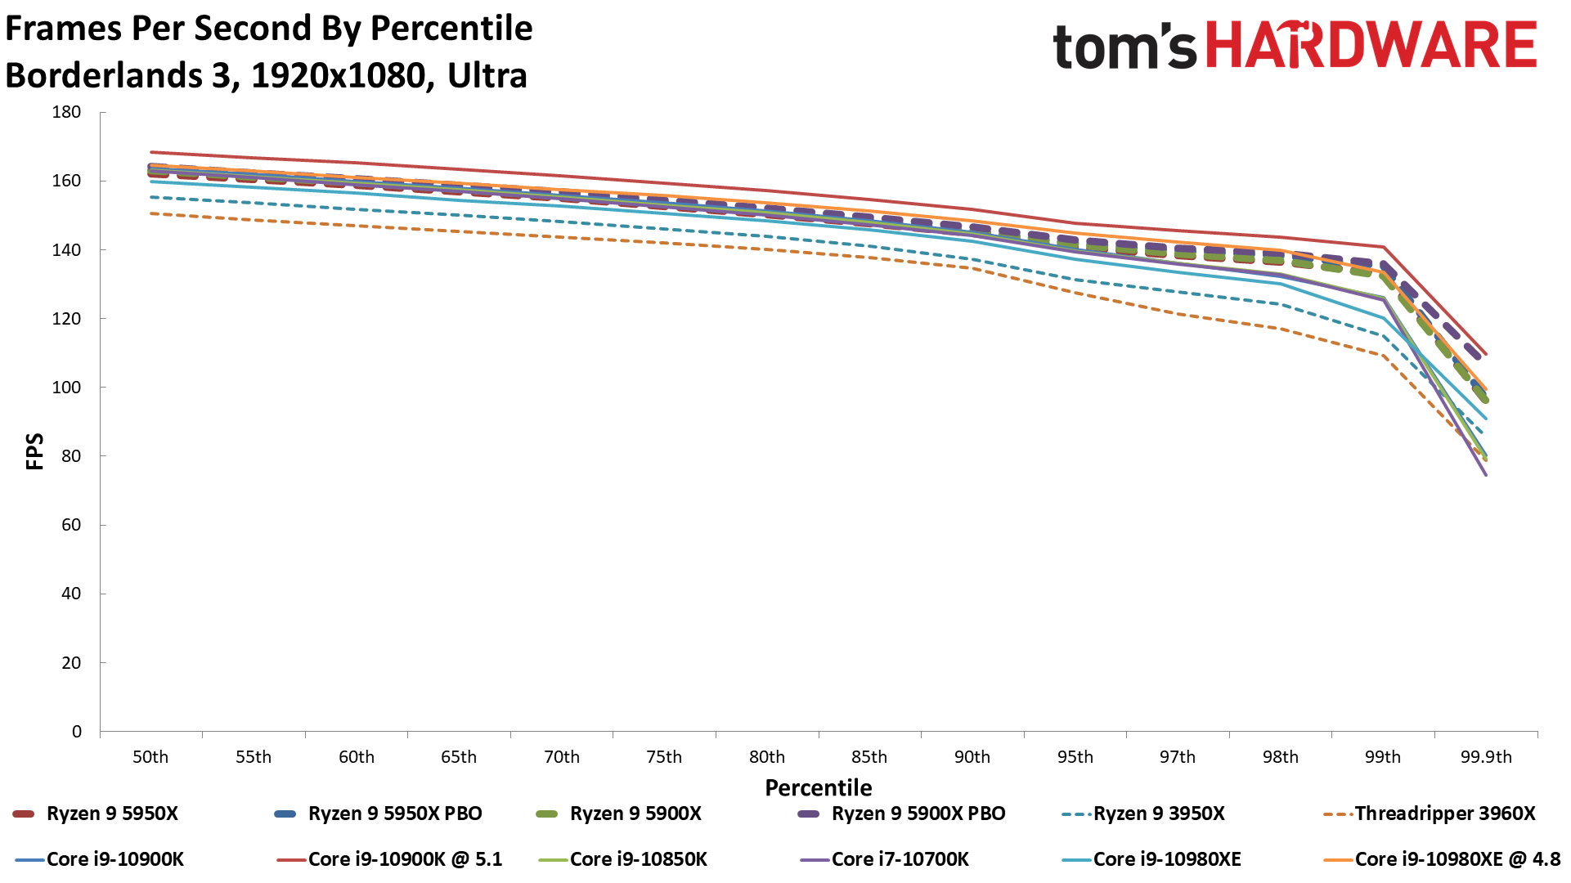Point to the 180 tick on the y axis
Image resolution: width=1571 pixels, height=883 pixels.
pyautogui.click(x=66, y=112)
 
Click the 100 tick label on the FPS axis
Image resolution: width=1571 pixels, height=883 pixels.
pyautogui.click(x=66, y=388)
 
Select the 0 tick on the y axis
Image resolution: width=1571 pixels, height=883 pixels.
pyautogui.click(x=77, y=732)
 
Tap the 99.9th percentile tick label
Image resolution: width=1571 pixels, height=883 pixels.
pyautogui.click(x=1486, y=757)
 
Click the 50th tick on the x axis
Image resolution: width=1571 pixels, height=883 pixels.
pyautogui.click(x=150, y=757)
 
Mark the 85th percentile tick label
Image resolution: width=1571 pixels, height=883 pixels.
pyautogui.click(x=869, y=757)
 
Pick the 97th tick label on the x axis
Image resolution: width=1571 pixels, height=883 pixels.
pyautogui.click(x=1177, y=757)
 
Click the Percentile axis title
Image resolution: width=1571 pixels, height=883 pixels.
pyautogui.click(x=818, y=787)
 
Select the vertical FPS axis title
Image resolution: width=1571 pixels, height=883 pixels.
pyautogui.click(x=35, y=451)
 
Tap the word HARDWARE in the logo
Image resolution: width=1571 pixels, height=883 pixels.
pyautogui.click(x=1371, y=45)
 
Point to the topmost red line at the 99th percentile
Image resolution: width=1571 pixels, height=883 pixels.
pyautogui.click(x=1383, y=247)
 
